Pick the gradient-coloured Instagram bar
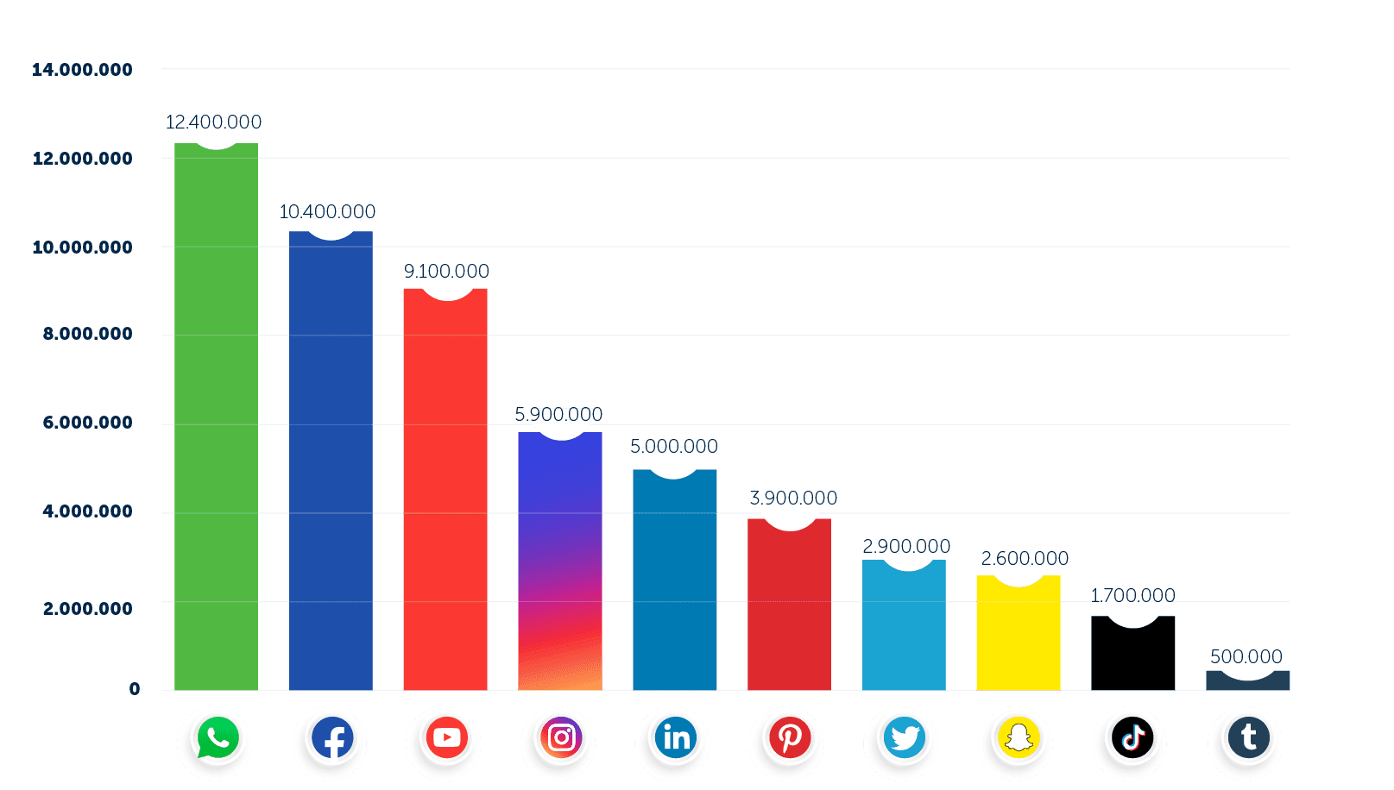560,561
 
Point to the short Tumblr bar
1247,680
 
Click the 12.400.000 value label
213,122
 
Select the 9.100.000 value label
446,272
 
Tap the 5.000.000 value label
674,447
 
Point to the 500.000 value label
1246,657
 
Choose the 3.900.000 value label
793,498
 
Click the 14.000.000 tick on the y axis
82,70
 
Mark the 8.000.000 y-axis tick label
88,334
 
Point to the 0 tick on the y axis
135,689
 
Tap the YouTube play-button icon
446,738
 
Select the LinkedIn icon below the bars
675,738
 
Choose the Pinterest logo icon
790,738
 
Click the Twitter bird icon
904,738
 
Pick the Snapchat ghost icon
1019,738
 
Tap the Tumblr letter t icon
1247,738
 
